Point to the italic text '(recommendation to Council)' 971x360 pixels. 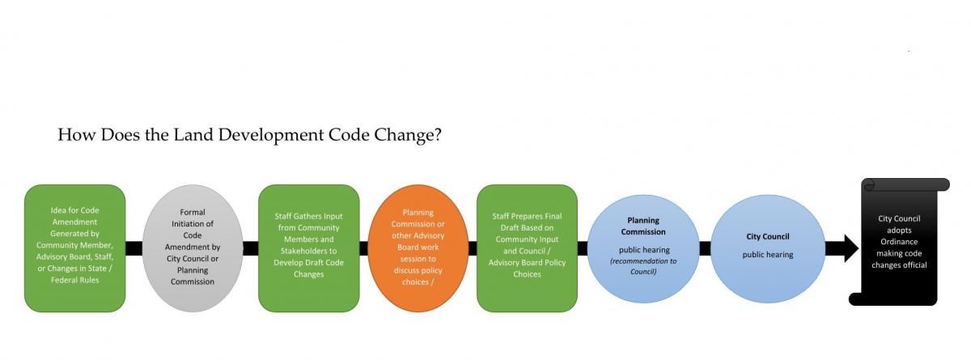pos(644,266)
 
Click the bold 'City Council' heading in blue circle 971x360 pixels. pos(767,237)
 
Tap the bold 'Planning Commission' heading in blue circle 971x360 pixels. pos(644,226)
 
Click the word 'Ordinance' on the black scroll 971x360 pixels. pos(899,241)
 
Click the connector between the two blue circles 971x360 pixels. pos(705,248)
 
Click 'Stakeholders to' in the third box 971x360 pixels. pos(308,251)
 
